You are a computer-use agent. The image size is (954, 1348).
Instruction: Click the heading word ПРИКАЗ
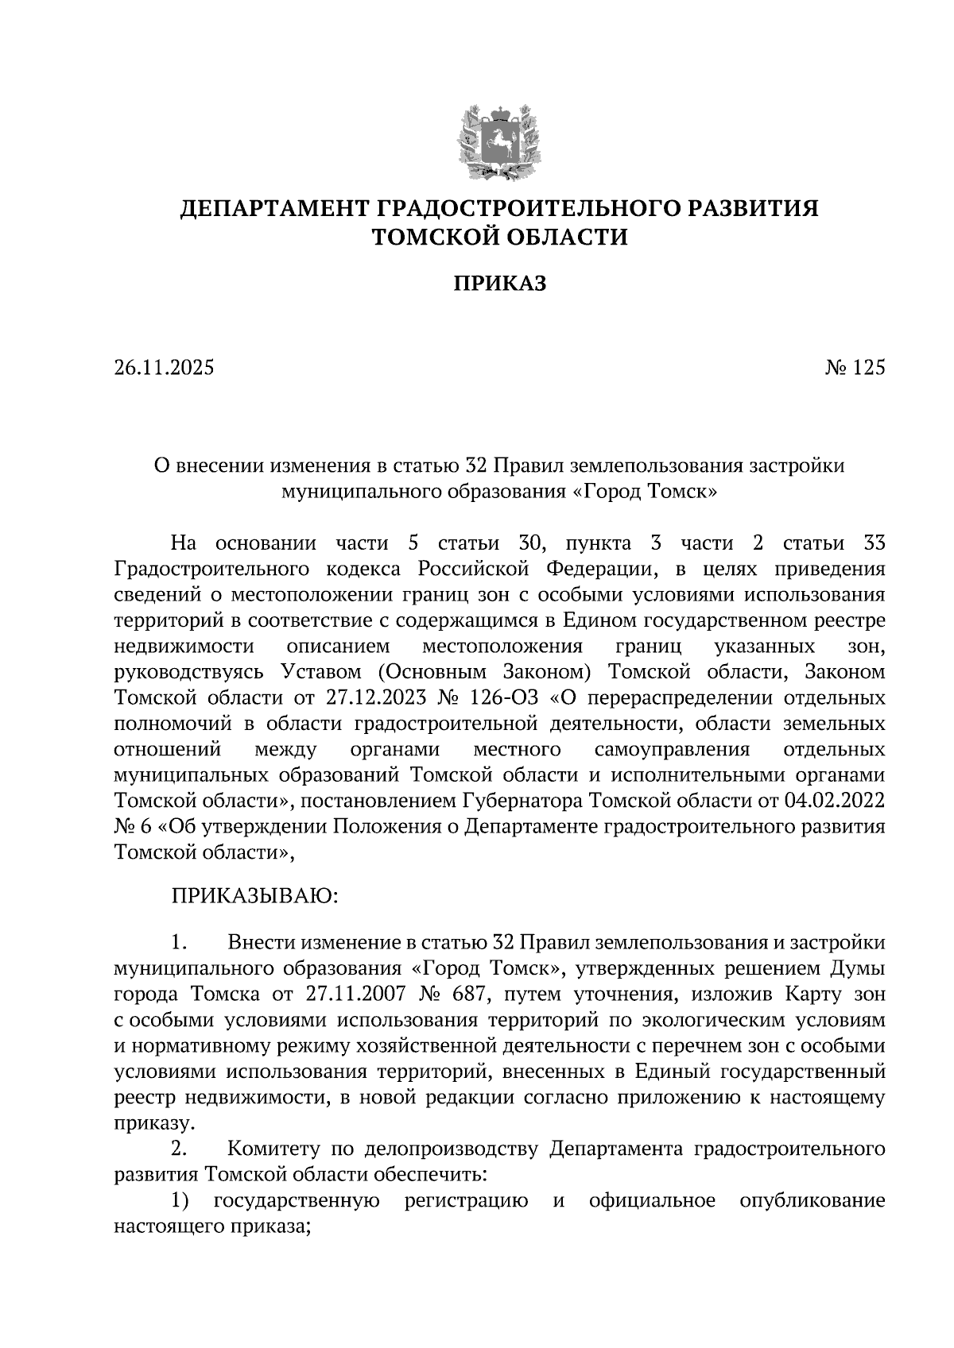[500, 284]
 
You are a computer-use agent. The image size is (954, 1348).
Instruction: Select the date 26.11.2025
[164, 369]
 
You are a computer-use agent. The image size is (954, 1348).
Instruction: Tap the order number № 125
[854, 369]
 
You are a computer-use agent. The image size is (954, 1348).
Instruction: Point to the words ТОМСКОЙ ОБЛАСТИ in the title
[500, 237]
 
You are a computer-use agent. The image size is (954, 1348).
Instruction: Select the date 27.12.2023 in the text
[377, 698]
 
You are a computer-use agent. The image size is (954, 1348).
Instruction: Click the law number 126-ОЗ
[502, 698]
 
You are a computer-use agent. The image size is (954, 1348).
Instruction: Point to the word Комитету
[283, 1149]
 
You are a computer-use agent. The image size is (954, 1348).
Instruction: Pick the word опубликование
[812, 1200]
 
